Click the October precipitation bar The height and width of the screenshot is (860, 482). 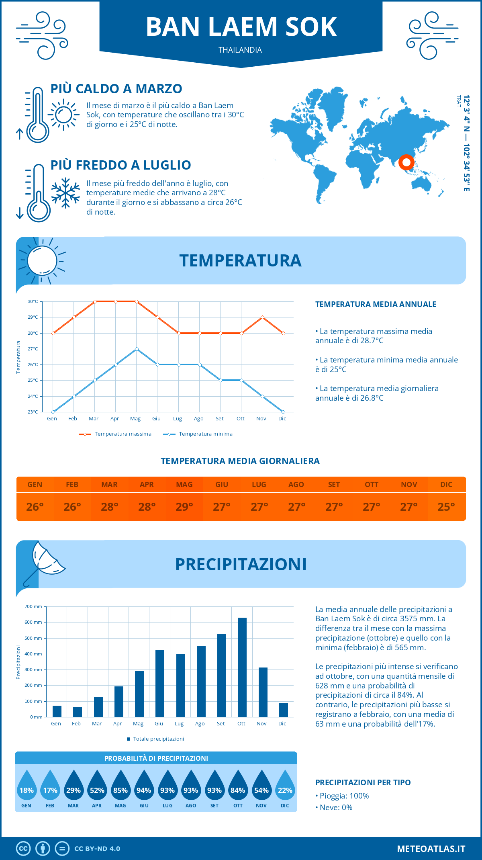pyautogui.click(x=242, y=667)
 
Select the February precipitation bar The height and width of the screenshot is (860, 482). pyautogui.click(x=78, y=712)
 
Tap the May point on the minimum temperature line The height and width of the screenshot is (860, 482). pyautogui.click(x=137, y=349)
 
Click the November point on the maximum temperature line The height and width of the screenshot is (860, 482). pyautogui.click(x=262, y=317)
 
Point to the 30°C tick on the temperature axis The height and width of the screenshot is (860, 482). pyautogui.click(x=33, y=301)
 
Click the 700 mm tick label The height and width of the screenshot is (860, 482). pyautogui.click(x=33, y=606)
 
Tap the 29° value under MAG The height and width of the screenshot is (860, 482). pyautogui.click(x=184, y=507)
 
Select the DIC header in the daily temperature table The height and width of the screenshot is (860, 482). pyautogui.click(x=446, y=485)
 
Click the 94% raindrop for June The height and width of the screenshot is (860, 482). pyautogui.click(x=144, y=790)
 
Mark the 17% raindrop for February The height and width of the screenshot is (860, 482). pyautogui.click(x=50, y=790)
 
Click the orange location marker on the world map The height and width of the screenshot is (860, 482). pyautogui.click(x=406, y=162)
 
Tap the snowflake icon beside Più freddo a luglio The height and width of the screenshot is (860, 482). pyautogui.click(x=65, y=193)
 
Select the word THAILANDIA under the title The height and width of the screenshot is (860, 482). pyautogui.click(x=240, y=50)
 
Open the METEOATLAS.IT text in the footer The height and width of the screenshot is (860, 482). pyautogui.click(x=431, y=848)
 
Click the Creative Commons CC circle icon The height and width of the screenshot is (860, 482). pyautogui.click(x=23, y=848)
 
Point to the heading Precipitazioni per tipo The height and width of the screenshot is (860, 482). pyautogui.click(x=363, y=782)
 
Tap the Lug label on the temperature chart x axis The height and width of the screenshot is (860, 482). pyautogui.click(x=178, y=419)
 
